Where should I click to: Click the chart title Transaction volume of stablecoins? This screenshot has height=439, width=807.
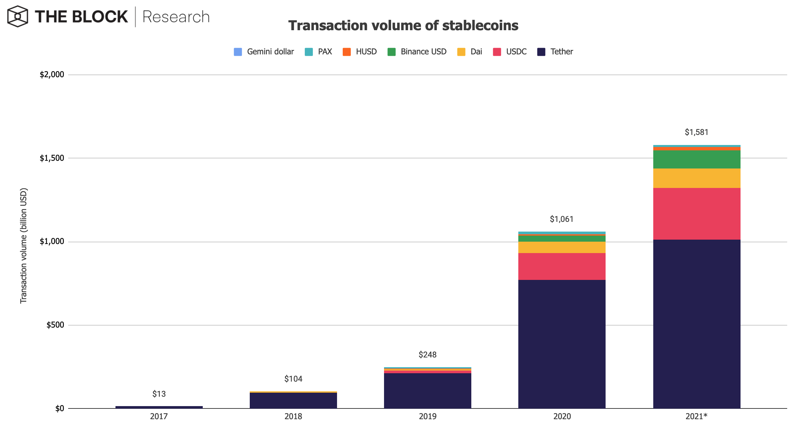(x=403, y=26)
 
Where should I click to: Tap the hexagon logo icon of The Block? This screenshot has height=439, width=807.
(x=17, y=16)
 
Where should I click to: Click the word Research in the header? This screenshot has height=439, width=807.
(x=176, y=17)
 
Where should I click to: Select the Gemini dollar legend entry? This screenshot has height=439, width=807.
(x=264, y=52)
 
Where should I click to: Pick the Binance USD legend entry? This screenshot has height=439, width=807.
(x=417, y=52)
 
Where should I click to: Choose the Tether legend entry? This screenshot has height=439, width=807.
(x=555, y=52)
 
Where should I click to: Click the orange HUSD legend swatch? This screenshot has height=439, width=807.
(x=346, y=52)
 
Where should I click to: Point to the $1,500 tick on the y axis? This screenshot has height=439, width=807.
(x=52, y=158)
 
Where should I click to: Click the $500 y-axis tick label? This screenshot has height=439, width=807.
(x=55, y=325)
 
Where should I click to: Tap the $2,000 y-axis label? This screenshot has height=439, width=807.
(x=52, y=75)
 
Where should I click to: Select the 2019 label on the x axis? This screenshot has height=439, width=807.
(x=427, y=417)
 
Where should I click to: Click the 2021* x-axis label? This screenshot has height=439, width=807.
(x=696, y=417)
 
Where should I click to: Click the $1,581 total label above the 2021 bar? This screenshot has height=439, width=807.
(x=696, y=132)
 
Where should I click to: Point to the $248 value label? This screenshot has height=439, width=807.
(x=427, y=355)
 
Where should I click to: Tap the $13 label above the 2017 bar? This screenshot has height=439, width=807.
(x=159, y=394)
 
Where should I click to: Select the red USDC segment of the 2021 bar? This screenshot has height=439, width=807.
(x=697, y=213)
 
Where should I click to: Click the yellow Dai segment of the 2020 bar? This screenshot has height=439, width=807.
(x=562, y=247)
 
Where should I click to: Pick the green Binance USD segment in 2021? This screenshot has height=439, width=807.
(x=697, y=159)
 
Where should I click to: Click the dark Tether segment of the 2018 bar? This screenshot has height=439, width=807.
(x=293, y=400)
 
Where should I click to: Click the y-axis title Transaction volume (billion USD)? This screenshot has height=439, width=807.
(x=23, y=246)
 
